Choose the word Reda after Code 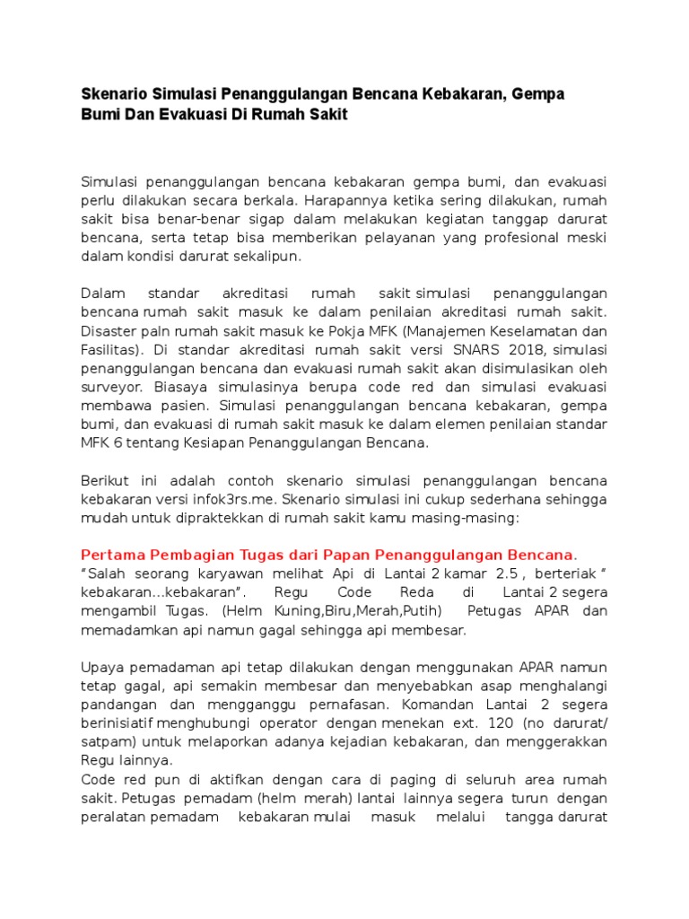417,593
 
